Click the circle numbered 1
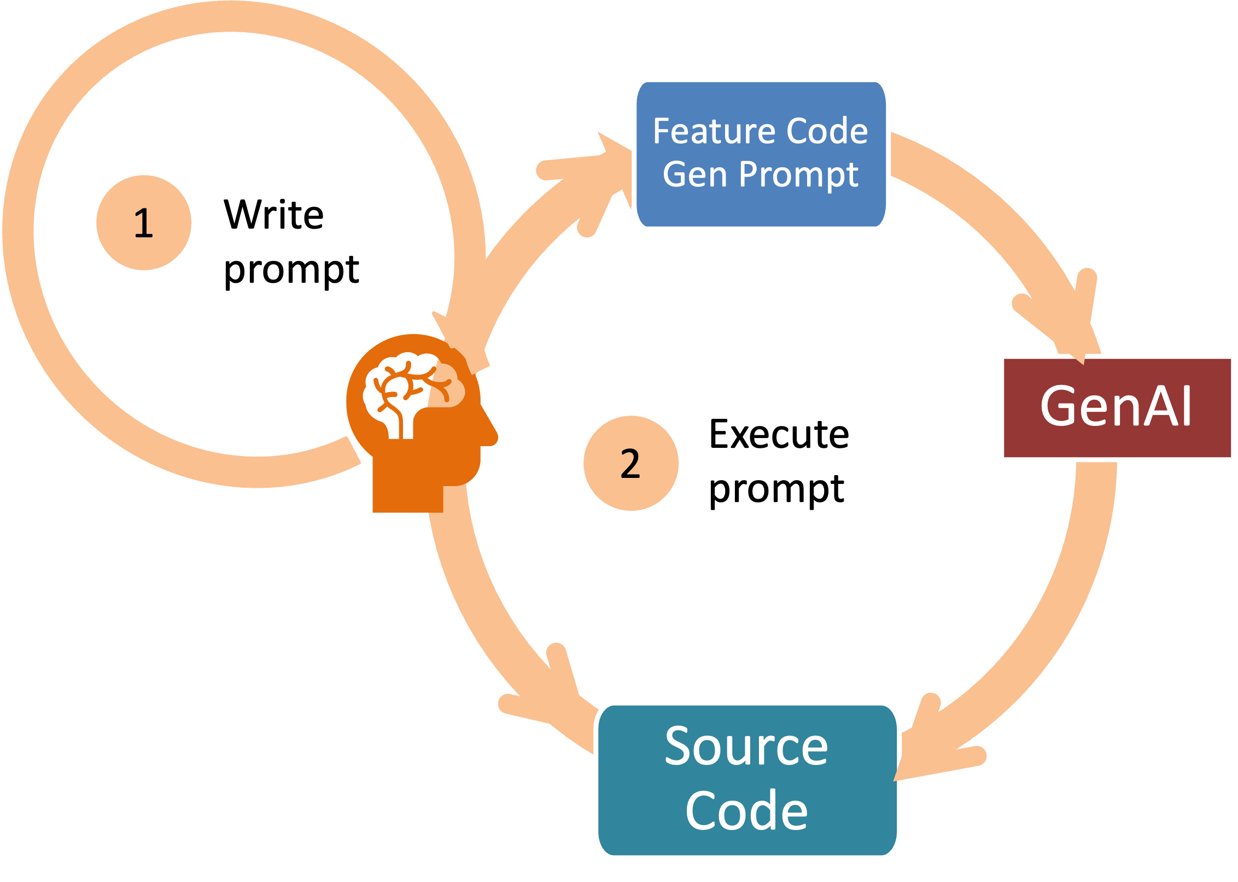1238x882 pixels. [143, 223]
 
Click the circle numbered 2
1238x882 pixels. [630, 463]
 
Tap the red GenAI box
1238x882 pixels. [1117, 408]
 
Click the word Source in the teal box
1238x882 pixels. [746, 747]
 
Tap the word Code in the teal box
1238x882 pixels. [746, 811]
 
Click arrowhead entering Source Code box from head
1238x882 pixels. [552, 694]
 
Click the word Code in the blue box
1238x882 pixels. [826, 131]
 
